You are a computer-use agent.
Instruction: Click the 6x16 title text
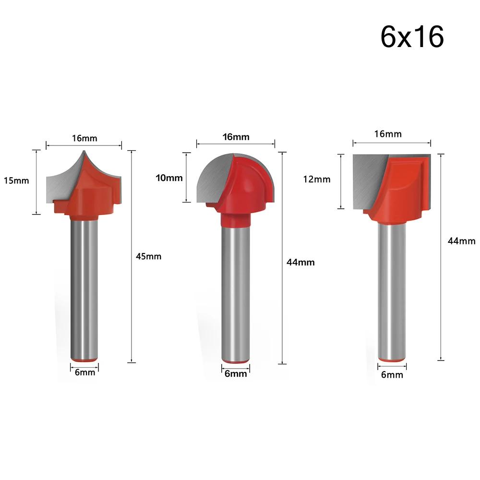tap(412, 37)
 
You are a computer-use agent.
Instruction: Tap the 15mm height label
tap(16, 180)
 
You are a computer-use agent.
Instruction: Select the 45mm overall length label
tap(148, 256)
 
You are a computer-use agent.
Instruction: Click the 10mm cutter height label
tap(169, 178)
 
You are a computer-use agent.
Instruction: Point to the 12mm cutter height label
tap(317, 179)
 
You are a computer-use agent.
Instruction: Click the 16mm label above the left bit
tap(84, 138)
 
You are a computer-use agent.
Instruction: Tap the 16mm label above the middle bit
tap(236, 137)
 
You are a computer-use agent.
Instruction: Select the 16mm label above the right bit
tap(388, 134)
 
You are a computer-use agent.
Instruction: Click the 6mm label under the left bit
tap(85, 372)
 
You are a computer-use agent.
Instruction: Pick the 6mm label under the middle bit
tap(236, 373)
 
